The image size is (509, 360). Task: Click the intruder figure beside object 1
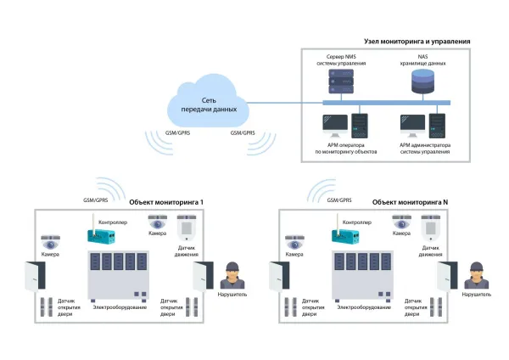click(227, 275)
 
